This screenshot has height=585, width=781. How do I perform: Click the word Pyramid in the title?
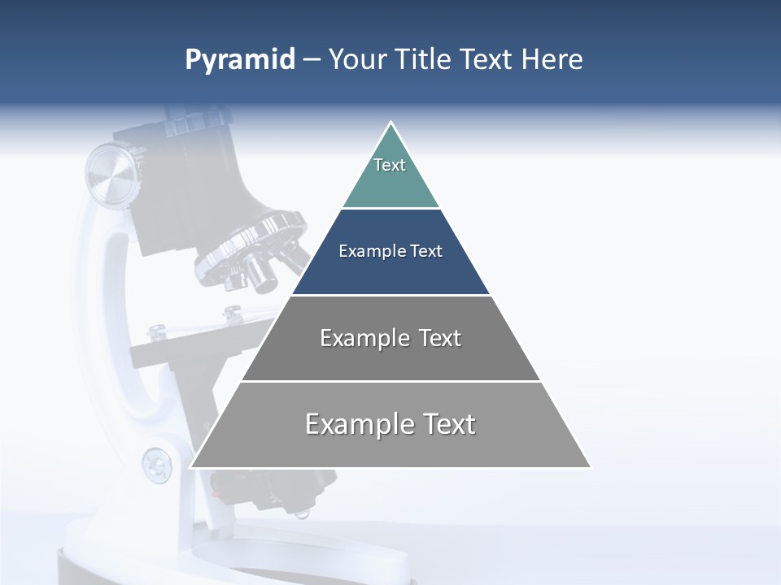pos(240,60)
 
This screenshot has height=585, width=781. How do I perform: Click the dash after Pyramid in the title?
pos(312,61)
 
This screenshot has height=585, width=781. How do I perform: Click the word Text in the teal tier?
pos(390,165)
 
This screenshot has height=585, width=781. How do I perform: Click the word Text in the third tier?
pos(440,338)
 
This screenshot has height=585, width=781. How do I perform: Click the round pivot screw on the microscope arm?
pos(156,466)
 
